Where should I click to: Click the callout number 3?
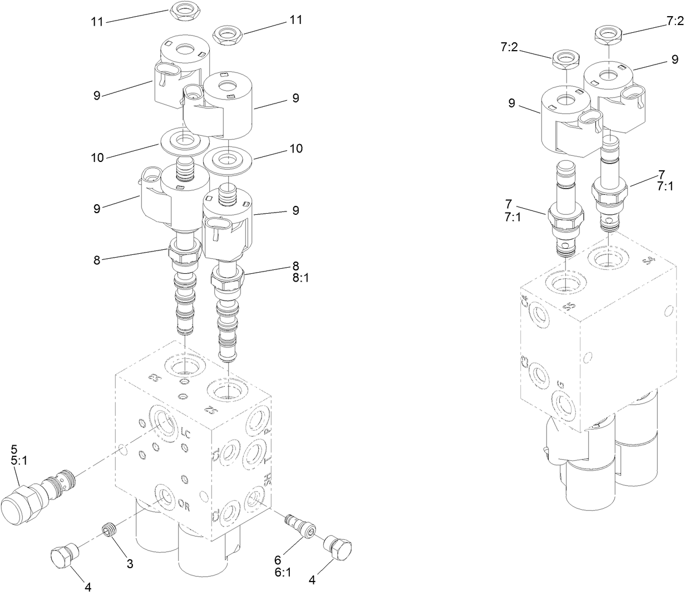point(130,564)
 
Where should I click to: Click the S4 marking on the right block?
point(649,260)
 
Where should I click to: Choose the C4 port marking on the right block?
point(524,303)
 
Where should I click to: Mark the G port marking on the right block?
point(561,384)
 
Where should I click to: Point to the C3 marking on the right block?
point(524,363)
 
